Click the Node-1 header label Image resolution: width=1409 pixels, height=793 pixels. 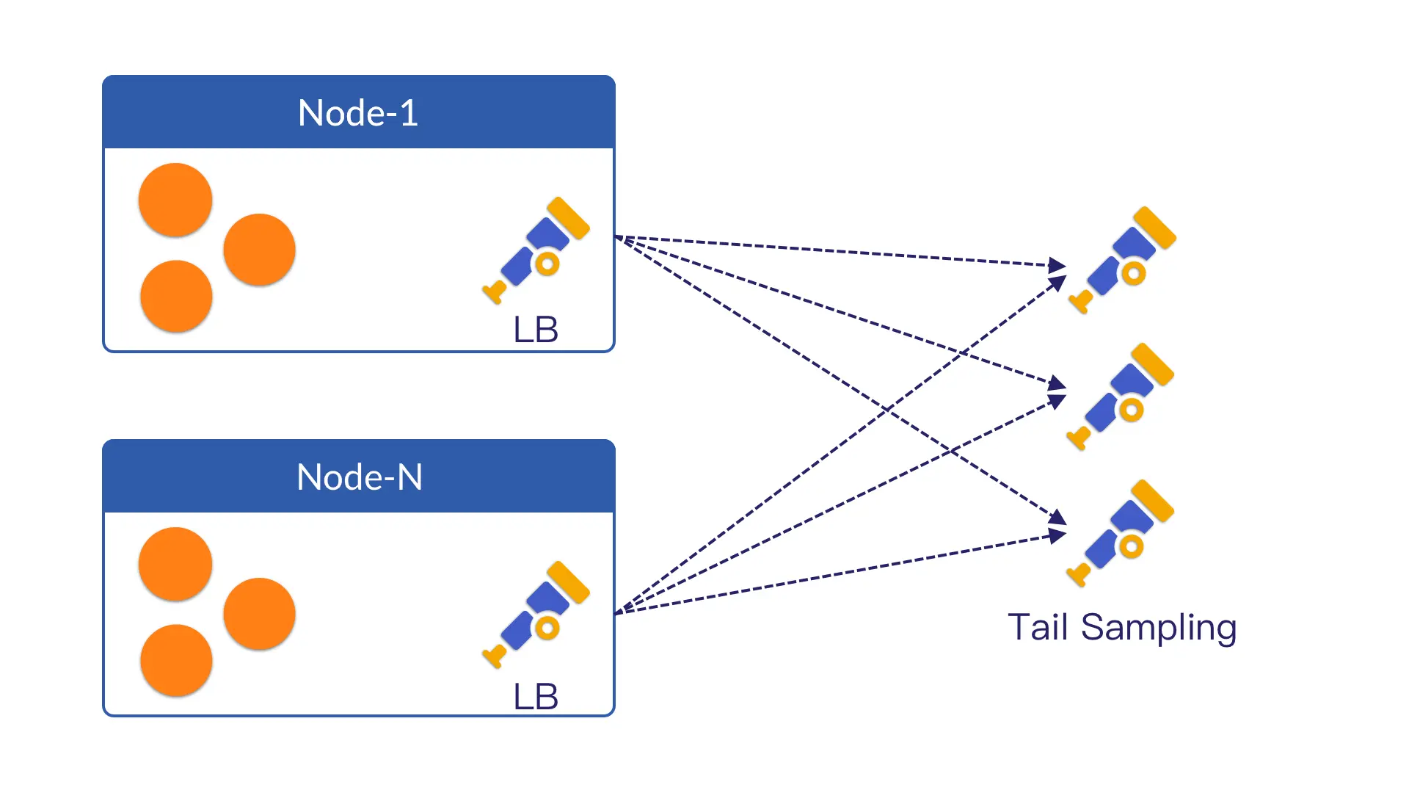pos(358,113)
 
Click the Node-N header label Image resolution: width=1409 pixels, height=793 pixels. pos(359,477)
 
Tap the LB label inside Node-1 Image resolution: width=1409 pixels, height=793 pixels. pos(536,330)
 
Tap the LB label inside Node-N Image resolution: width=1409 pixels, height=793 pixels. pos(536,696)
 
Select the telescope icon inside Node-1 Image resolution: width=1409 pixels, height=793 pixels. pos(536,250)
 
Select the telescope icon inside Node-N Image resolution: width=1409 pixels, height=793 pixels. pos(536,614)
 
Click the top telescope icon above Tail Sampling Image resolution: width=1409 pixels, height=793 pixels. pos(1123,260)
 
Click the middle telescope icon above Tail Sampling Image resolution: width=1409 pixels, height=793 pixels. pos(1121,396)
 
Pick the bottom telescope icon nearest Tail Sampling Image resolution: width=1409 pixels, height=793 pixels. pos(1121,533)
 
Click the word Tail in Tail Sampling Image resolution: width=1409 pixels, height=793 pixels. pos(1037,627)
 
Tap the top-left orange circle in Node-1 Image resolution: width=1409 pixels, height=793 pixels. pos(175,200)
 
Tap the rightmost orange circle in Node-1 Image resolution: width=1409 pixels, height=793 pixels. pos(260,250)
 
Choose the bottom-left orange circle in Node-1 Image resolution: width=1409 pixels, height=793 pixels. pos(176,296)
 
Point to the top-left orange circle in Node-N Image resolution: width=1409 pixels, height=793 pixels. pos(175,564)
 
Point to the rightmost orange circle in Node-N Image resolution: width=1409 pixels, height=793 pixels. pos(260,614)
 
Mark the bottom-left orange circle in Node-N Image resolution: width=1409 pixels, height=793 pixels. pos(176,660)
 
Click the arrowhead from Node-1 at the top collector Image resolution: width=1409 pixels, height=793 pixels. pos(1057,265)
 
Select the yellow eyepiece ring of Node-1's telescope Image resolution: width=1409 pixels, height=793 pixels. pos(547,264)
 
